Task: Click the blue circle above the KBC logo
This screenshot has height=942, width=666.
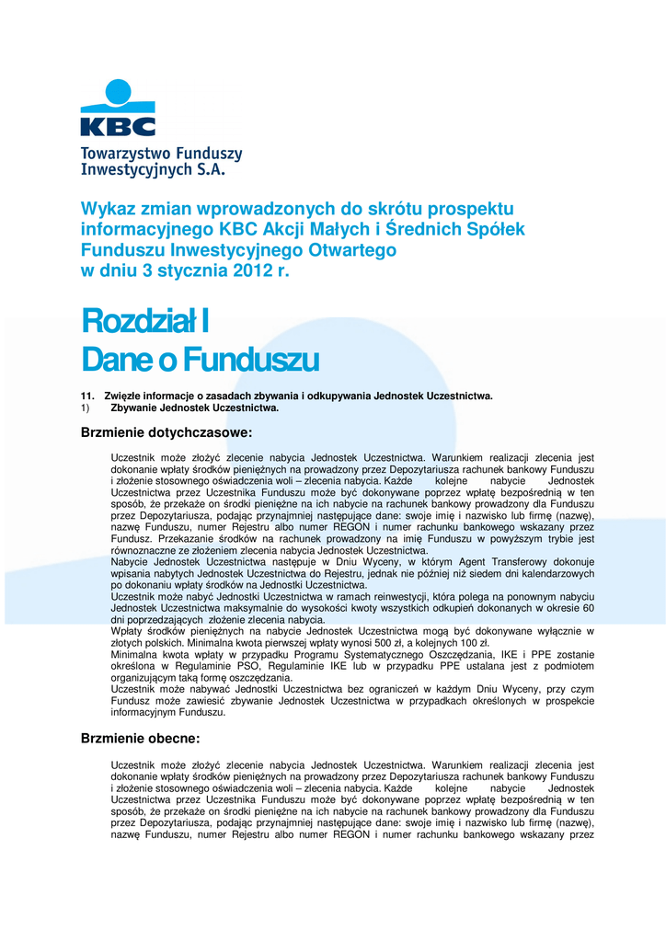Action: click(118, 93)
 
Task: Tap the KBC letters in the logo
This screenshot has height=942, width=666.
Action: click(118, 124)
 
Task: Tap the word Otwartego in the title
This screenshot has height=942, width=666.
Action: click(358, 250)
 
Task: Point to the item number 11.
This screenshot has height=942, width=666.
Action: click(88, 396)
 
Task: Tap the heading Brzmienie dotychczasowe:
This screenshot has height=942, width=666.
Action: click(166, 432)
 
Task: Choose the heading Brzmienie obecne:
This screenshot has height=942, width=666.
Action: click(140, 738)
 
